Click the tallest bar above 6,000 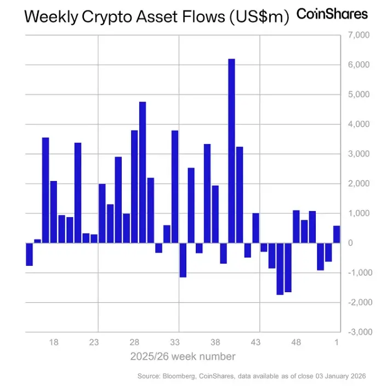click(x=231, y=150)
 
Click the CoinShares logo click(x=332, y=14)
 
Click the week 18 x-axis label click(x=54, y=342)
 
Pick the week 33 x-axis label click(x=175, y=342)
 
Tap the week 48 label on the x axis click(x=296, y=342)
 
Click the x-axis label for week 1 click(x=337, y=342)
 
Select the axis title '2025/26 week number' click(x=183, y=356)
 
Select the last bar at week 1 click(x=337, y=234)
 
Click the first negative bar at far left click(x=30, y=254)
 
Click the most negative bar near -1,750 click(x=280, y=269)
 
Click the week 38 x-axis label click(x=215, y=342)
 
